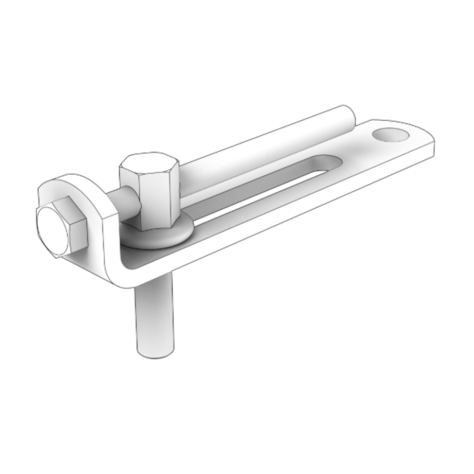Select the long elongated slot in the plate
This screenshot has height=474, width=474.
pos(262,190)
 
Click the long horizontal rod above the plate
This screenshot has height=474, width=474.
pos(262,148)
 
